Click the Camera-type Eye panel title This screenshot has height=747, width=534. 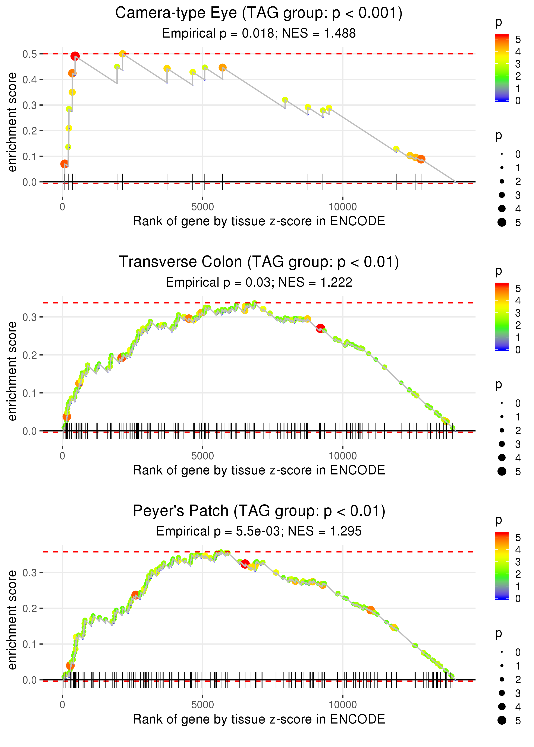point(259,13)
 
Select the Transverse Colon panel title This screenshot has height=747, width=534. point(259,262)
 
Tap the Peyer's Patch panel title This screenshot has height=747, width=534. point(259,511)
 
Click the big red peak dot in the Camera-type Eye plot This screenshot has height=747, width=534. point(75,56)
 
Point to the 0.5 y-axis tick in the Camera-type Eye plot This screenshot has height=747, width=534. point(30,54)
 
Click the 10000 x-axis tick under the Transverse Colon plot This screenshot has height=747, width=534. point(343,456)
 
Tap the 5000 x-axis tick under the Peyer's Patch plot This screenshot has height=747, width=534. point(202,705)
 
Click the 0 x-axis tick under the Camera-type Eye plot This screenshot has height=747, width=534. point(62,207)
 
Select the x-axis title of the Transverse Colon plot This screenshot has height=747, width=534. point(259,470)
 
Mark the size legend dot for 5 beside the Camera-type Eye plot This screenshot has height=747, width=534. point(502,222)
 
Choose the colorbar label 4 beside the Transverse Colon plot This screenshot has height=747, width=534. point(518,301)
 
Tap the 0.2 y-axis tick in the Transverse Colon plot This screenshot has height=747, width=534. point(30,355)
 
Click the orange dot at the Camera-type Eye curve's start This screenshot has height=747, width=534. point(65,163)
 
